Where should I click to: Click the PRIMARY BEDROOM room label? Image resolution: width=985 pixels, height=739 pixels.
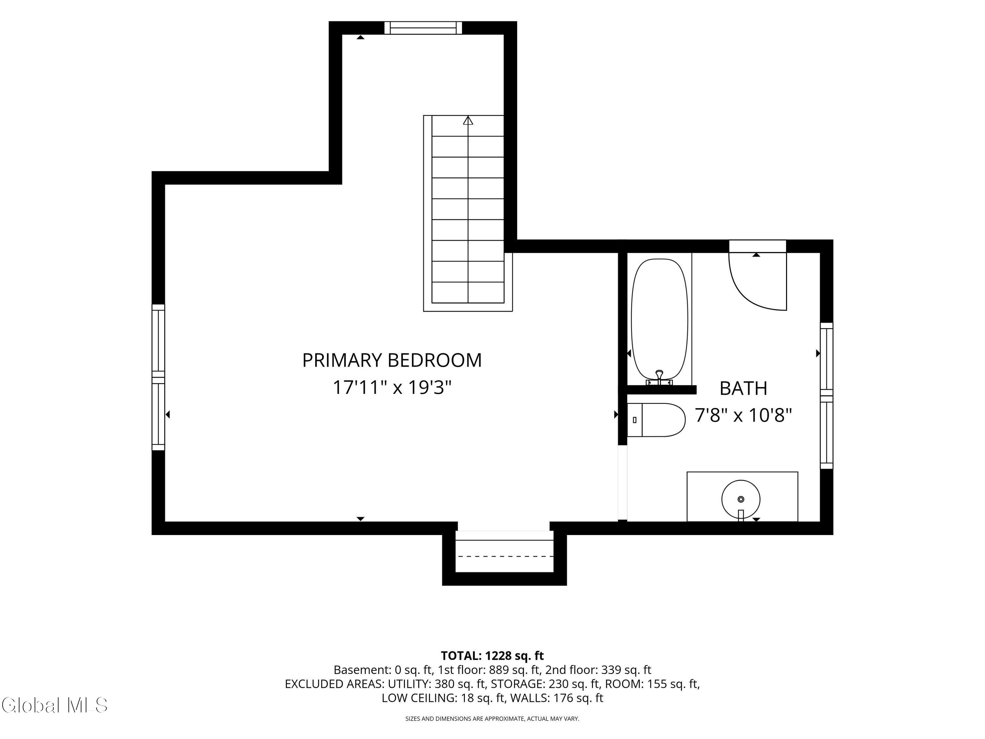[x=392, y=360]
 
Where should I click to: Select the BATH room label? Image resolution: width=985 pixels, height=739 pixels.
[x=743, y=389]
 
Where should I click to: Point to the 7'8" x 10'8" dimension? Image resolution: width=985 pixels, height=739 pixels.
[x=744, y=415]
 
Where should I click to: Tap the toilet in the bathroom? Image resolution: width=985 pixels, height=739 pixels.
[x=656, y=420]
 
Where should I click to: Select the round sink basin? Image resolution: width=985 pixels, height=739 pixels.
[x=740, y=499]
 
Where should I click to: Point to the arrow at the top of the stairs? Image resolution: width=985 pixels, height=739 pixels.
[x=468, y=120]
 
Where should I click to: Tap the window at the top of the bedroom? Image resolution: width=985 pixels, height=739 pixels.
[x=423, y=28]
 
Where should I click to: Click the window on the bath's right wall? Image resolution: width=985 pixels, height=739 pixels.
[x=826, y=395]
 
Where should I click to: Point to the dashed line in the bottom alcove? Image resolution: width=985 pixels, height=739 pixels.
[x=505, y=556]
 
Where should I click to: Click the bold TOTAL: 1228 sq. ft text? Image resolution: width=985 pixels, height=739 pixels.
[x=492, y=656]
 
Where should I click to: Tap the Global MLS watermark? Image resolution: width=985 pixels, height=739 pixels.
[x=54, y=705]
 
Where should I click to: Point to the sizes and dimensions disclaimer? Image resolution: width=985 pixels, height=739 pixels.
[x=492, y=719]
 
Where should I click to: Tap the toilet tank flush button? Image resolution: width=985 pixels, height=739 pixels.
[x=635, y=420]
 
